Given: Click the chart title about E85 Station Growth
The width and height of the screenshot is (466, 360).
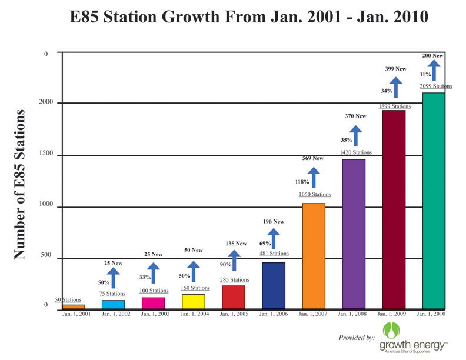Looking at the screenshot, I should tap(248, 17).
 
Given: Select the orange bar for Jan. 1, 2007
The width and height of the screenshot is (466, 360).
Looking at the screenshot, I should tap(313, 256).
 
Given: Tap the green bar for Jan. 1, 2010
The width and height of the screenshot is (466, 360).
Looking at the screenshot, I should tap(433, 201).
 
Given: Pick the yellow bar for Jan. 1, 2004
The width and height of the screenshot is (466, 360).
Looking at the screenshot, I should tap(194, 301).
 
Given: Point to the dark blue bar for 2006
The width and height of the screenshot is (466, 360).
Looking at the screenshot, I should tap(274, 285).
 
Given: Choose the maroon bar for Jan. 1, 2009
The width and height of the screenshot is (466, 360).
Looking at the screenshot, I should tap(394, 209).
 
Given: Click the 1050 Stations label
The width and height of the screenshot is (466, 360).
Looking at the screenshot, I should tap(314, 194).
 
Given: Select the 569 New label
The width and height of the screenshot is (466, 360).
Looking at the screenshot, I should tap(313, 158).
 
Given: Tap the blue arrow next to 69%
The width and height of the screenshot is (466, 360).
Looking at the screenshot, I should tap(274, 239).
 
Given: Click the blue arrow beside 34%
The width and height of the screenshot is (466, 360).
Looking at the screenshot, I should tap(396, 88).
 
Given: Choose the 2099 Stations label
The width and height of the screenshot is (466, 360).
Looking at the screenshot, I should tap(435, 86).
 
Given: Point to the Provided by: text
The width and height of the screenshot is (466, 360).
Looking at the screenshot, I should tap(357, 338).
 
